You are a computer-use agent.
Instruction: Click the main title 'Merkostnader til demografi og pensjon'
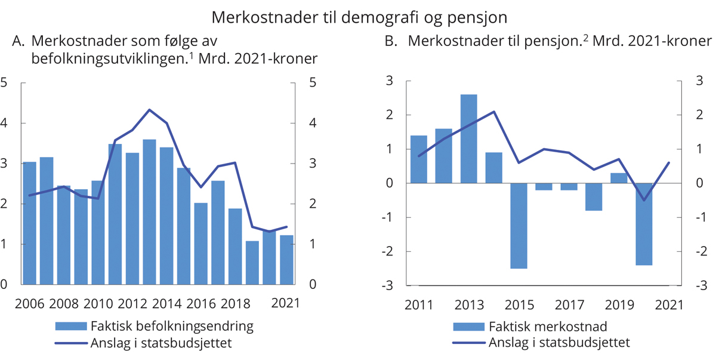pyautogui.click(x=358, y=14)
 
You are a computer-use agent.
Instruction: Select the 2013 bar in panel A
pyautogui.click(x=149, y=212)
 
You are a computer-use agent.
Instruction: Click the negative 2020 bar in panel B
pyautogui.click(x=644, y=224)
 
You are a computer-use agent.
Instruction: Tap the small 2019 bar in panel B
pyautogui.click(x=619, y=178)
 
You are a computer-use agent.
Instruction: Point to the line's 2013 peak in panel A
pyautogui.click(x=149, y=110)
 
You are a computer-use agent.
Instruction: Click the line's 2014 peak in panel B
pyautogui.click(x=494, y=112)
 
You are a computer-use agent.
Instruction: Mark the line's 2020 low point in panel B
pyautogui.click(x=644, y=200)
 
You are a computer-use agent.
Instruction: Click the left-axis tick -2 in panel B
pyautogui.click(x=391, y=251)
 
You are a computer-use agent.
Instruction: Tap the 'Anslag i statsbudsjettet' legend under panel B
pyautogui.click(x=559, y=343)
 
